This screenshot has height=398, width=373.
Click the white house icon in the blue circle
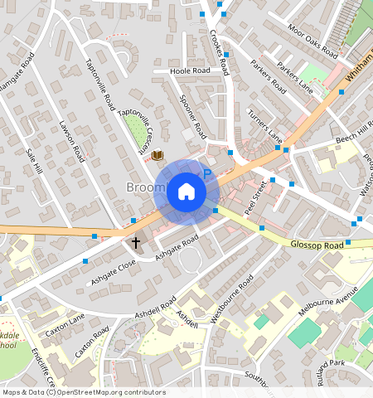[186, 192]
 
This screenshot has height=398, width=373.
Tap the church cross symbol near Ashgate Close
[136, 243]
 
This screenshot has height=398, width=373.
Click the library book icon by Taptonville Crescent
[157, 154]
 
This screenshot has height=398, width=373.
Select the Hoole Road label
[190, 72]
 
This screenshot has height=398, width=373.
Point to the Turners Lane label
[265, 124]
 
